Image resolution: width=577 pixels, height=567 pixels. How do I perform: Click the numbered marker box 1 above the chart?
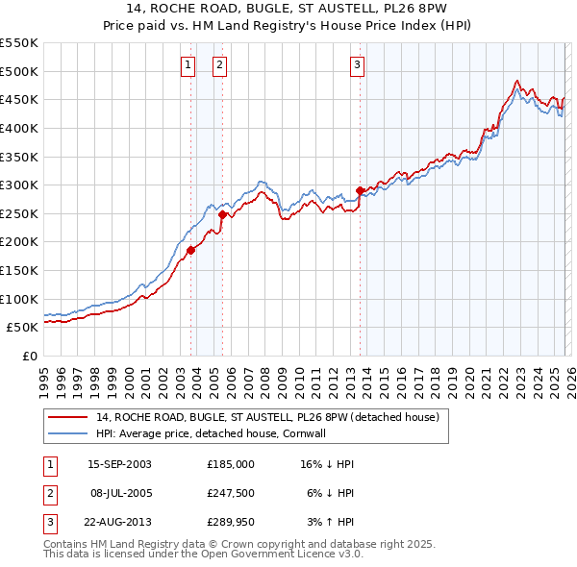[x=187, y=65]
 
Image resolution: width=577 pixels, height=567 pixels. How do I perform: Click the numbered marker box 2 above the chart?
[x=219, y=65]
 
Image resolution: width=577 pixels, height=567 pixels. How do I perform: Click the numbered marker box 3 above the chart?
[x=357, y=65]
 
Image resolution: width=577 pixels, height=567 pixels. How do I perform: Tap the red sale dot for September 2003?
[x=190, y=250]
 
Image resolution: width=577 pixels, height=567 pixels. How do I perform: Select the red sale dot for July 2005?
[x=222, y=215]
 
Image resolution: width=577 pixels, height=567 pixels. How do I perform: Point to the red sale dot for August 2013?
[x=360, y=190]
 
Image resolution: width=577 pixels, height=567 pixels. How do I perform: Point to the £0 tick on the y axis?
[x=30, y=356]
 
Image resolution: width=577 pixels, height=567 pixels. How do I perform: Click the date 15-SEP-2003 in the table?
[x=118, y=463]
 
